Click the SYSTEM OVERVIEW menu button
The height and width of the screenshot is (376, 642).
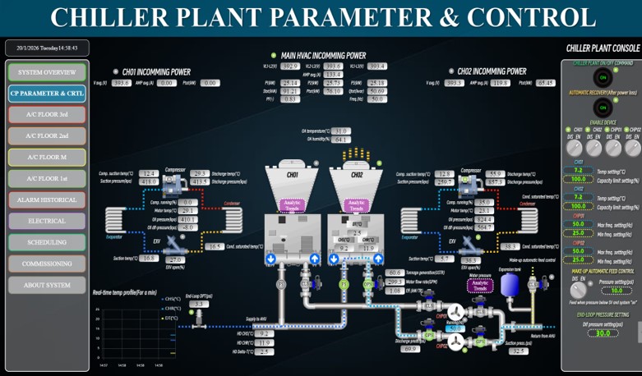pyautogui.click(x=47, y=72)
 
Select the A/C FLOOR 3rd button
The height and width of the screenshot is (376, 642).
pyautogui.click(x=47, y=115)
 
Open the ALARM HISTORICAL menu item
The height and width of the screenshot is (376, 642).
pyautogui.click(x=47, y=199)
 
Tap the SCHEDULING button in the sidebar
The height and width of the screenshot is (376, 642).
pyautogui.click(x=47, y=242)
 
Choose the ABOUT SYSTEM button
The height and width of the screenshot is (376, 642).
pyautogui.click(x=47, y=285)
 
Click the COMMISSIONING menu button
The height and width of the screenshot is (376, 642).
pyautogui.click(x=47, y=264)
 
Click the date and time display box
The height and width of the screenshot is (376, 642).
pyautogui.click(x=47, y=48)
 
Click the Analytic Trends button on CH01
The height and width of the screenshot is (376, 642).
pyautogui.click(x=292, y=205)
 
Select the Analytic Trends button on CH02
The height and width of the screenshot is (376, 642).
pyautogui.click(x=356, y=205)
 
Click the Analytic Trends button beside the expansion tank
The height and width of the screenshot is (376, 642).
pyautogui.click(x=479, y=286)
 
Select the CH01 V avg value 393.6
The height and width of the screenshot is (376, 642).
pyautogui.click(x=122, y=83)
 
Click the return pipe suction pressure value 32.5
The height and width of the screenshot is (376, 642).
pyautogui.click(x=518, y=351)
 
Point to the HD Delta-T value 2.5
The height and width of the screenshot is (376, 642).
pyautogui.click(x=263, y=351)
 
